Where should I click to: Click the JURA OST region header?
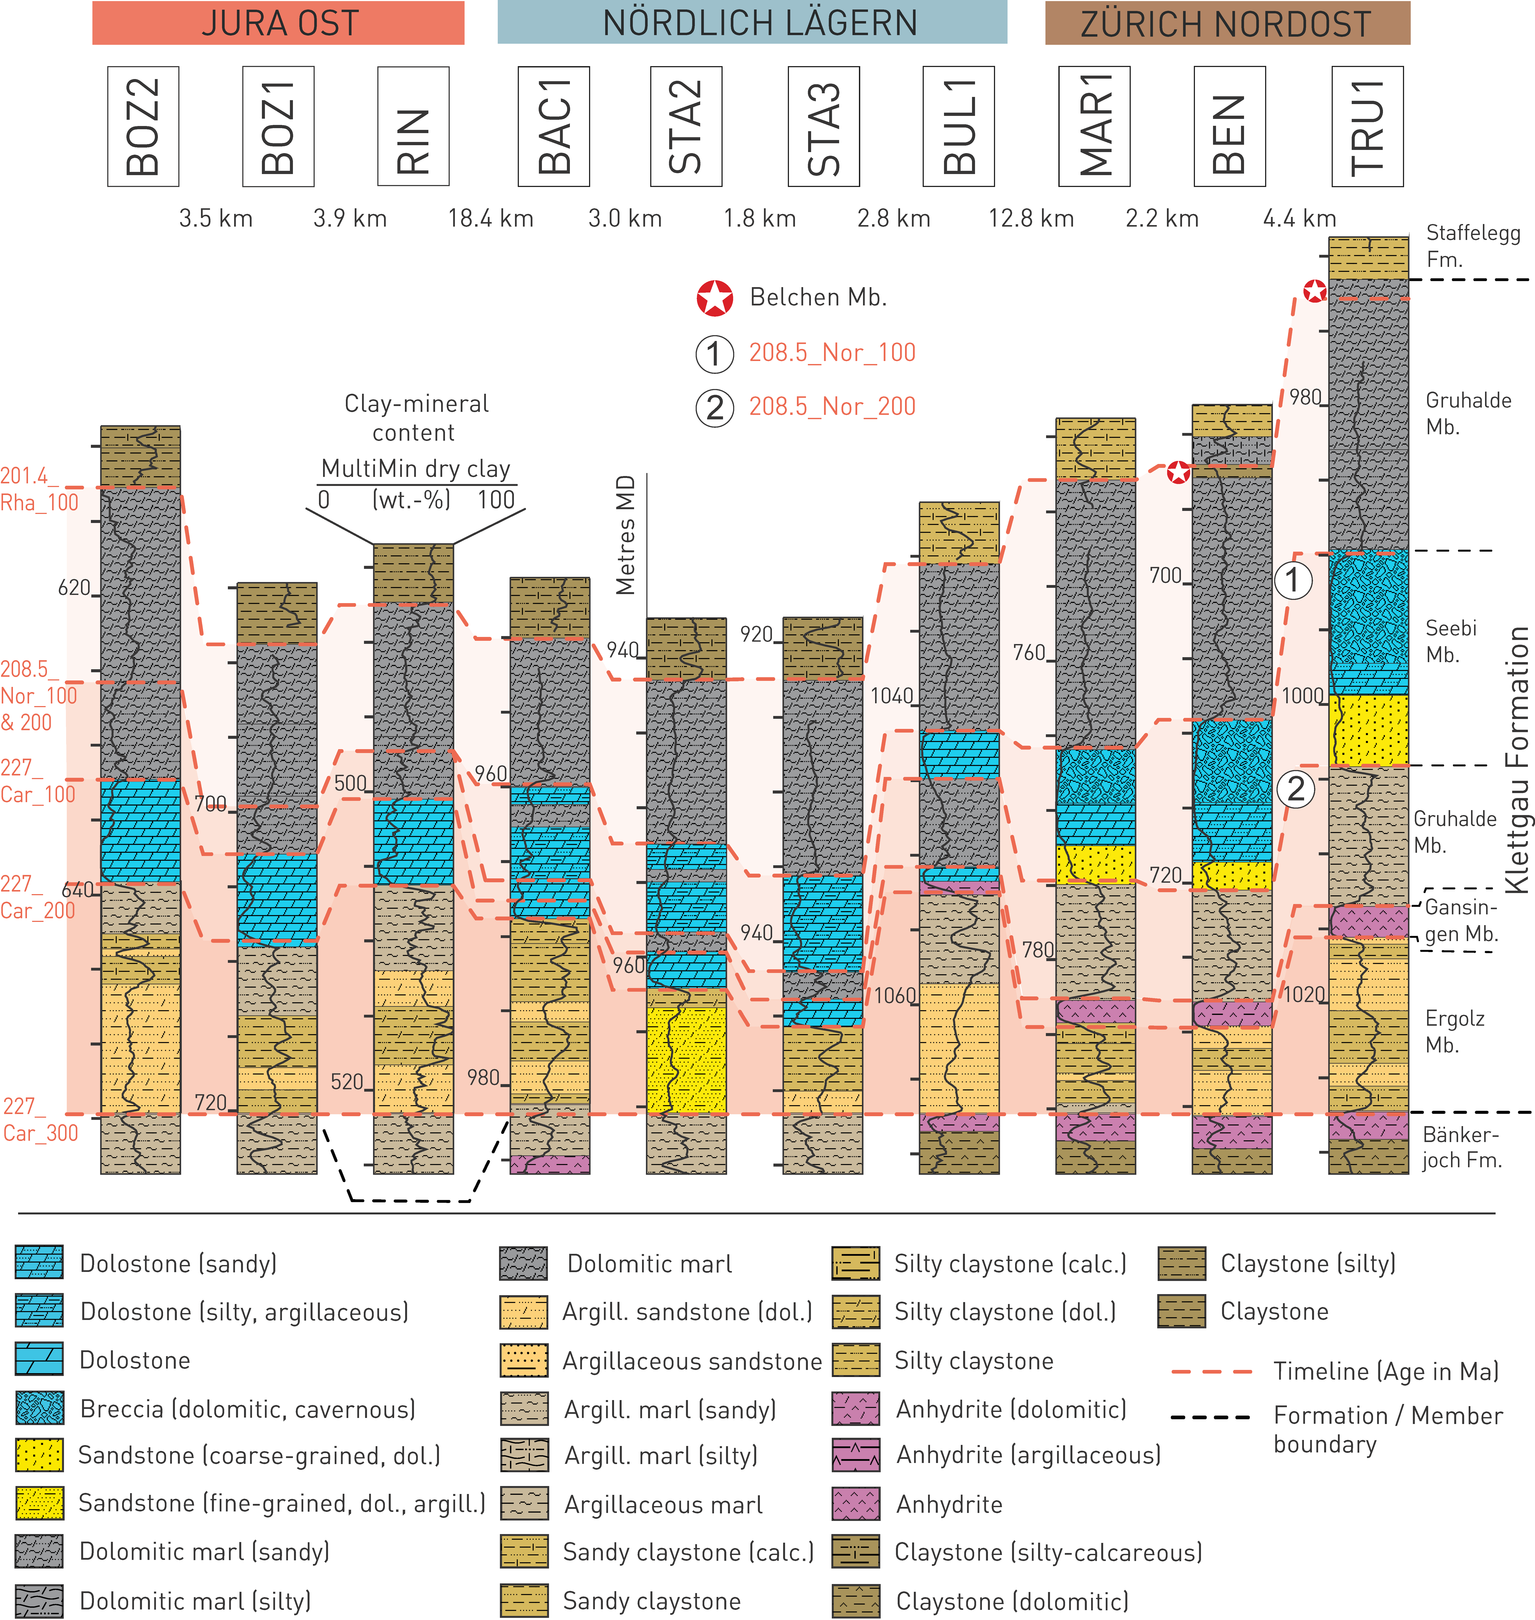coord(278,23)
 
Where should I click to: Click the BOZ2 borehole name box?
coord(143,127)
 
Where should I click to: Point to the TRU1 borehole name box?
coord(1367,127)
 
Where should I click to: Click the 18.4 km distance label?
coord(490,218)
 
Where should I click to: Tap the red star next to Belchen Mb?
coord(714,298)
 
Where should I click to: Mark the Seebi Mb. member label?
coord(1451,641)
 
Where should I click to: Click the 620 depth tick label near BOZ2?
coord(74,587)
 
